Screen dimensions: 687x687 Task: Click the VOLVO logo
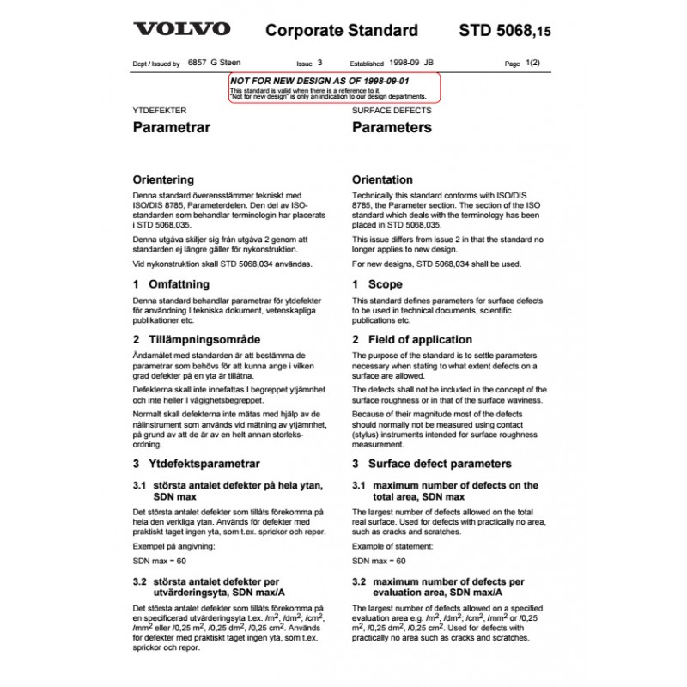pos(180,29)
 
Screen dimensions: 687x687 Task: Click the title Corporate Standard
pos(343,31)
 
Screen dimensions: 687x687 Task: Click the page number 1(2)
pos(532,64)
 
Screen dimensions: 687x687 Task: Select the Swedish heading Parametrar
pos(172,127)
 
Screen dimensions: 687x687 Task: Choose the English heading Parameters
pos(392,127)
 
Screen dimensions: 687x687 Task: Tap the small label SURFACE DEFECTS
pos(392,111)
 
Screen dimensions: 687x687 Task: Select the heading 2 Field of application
pos(413,340)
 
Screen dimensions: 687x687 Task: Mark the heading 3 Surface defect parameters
pos(431,464)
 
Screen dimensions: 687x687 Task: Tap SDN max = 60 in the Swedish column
pos(160,561)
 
